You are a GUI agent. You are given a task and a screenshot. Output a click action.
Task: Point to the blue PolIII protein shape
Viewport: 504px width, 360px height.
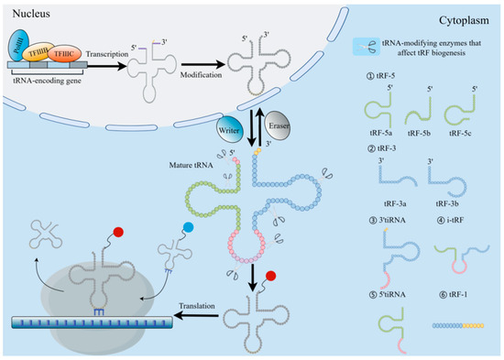tap(20, 46)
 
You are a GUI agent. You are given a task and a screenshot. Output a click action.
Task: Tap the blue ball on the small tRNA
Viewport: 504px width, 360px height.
tap(187, 224)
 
